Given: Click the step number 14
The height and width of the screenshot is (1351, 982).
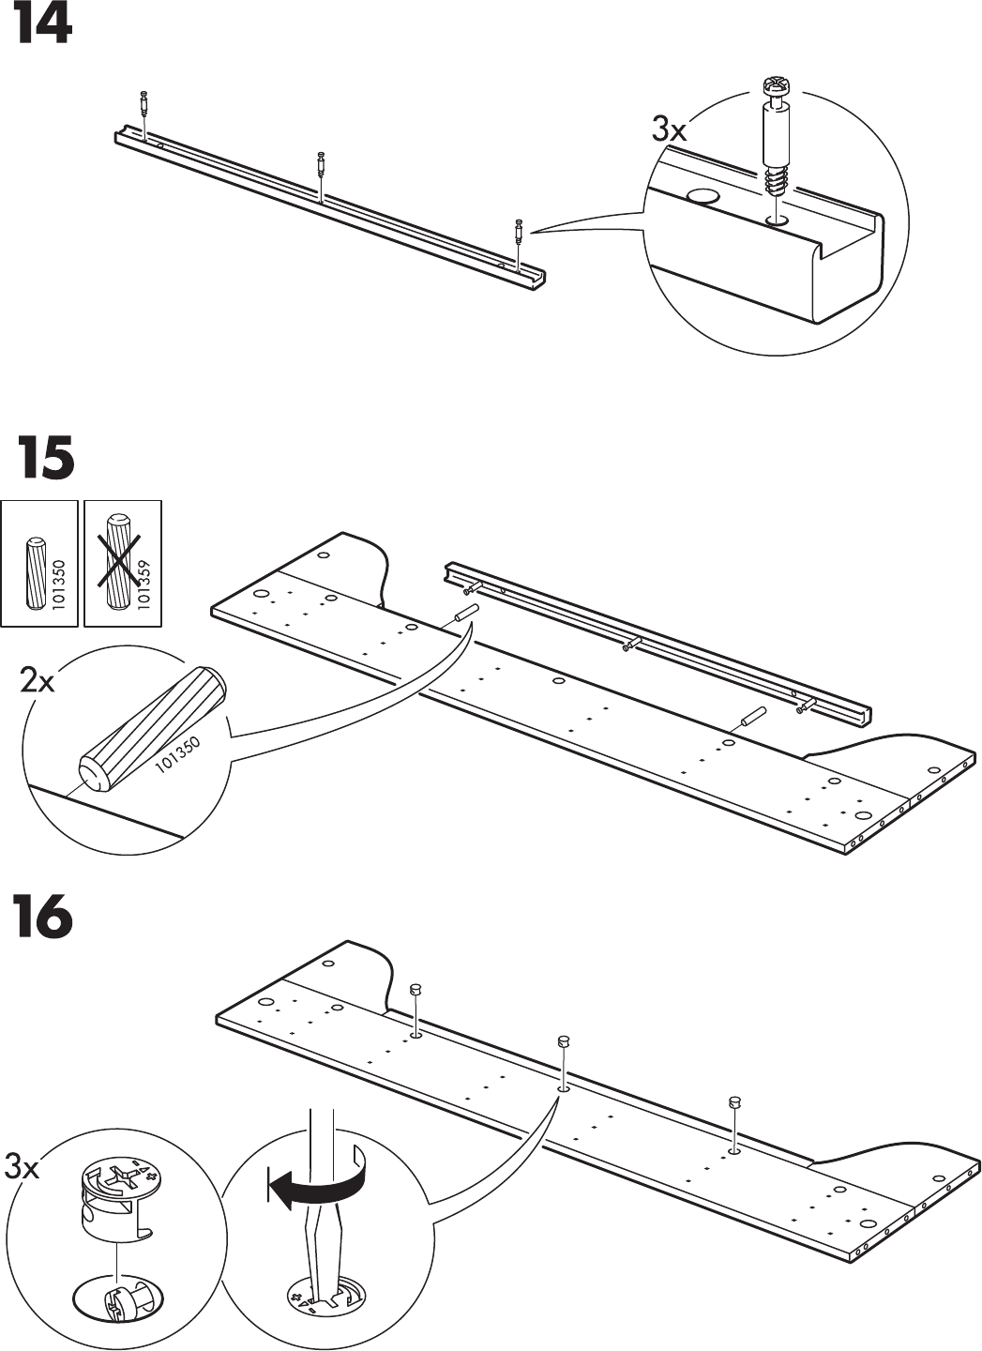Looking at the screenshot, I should [x=41, y=25].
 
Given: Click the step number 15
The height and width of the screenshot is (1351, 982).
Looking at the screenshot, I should [x=44, y=459].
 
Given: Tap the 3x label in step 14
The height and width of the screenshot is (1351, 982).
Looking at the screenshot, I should [x=669, y=130].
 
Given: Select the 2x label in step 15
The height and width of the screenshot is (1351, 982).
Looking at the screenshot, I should [x=38, y=680].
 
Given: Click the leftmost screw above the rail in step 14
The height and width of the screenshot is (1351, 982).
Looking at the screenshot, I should [x=144, y=103].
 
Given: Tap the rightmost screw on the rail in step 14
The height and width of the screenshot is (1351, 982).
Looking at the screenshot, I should [x=518, y=231].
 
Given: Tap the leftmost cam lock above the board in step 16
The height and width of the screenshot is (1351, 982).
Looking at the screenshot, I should [x=416, y=991].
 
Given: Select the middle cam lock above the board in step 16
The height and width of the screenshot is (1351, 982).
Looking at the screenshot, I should [x=564, y=1040].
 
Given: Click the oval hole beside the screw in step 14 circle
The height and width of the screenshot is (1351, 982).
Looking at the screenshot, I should [x=703, y=197].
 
